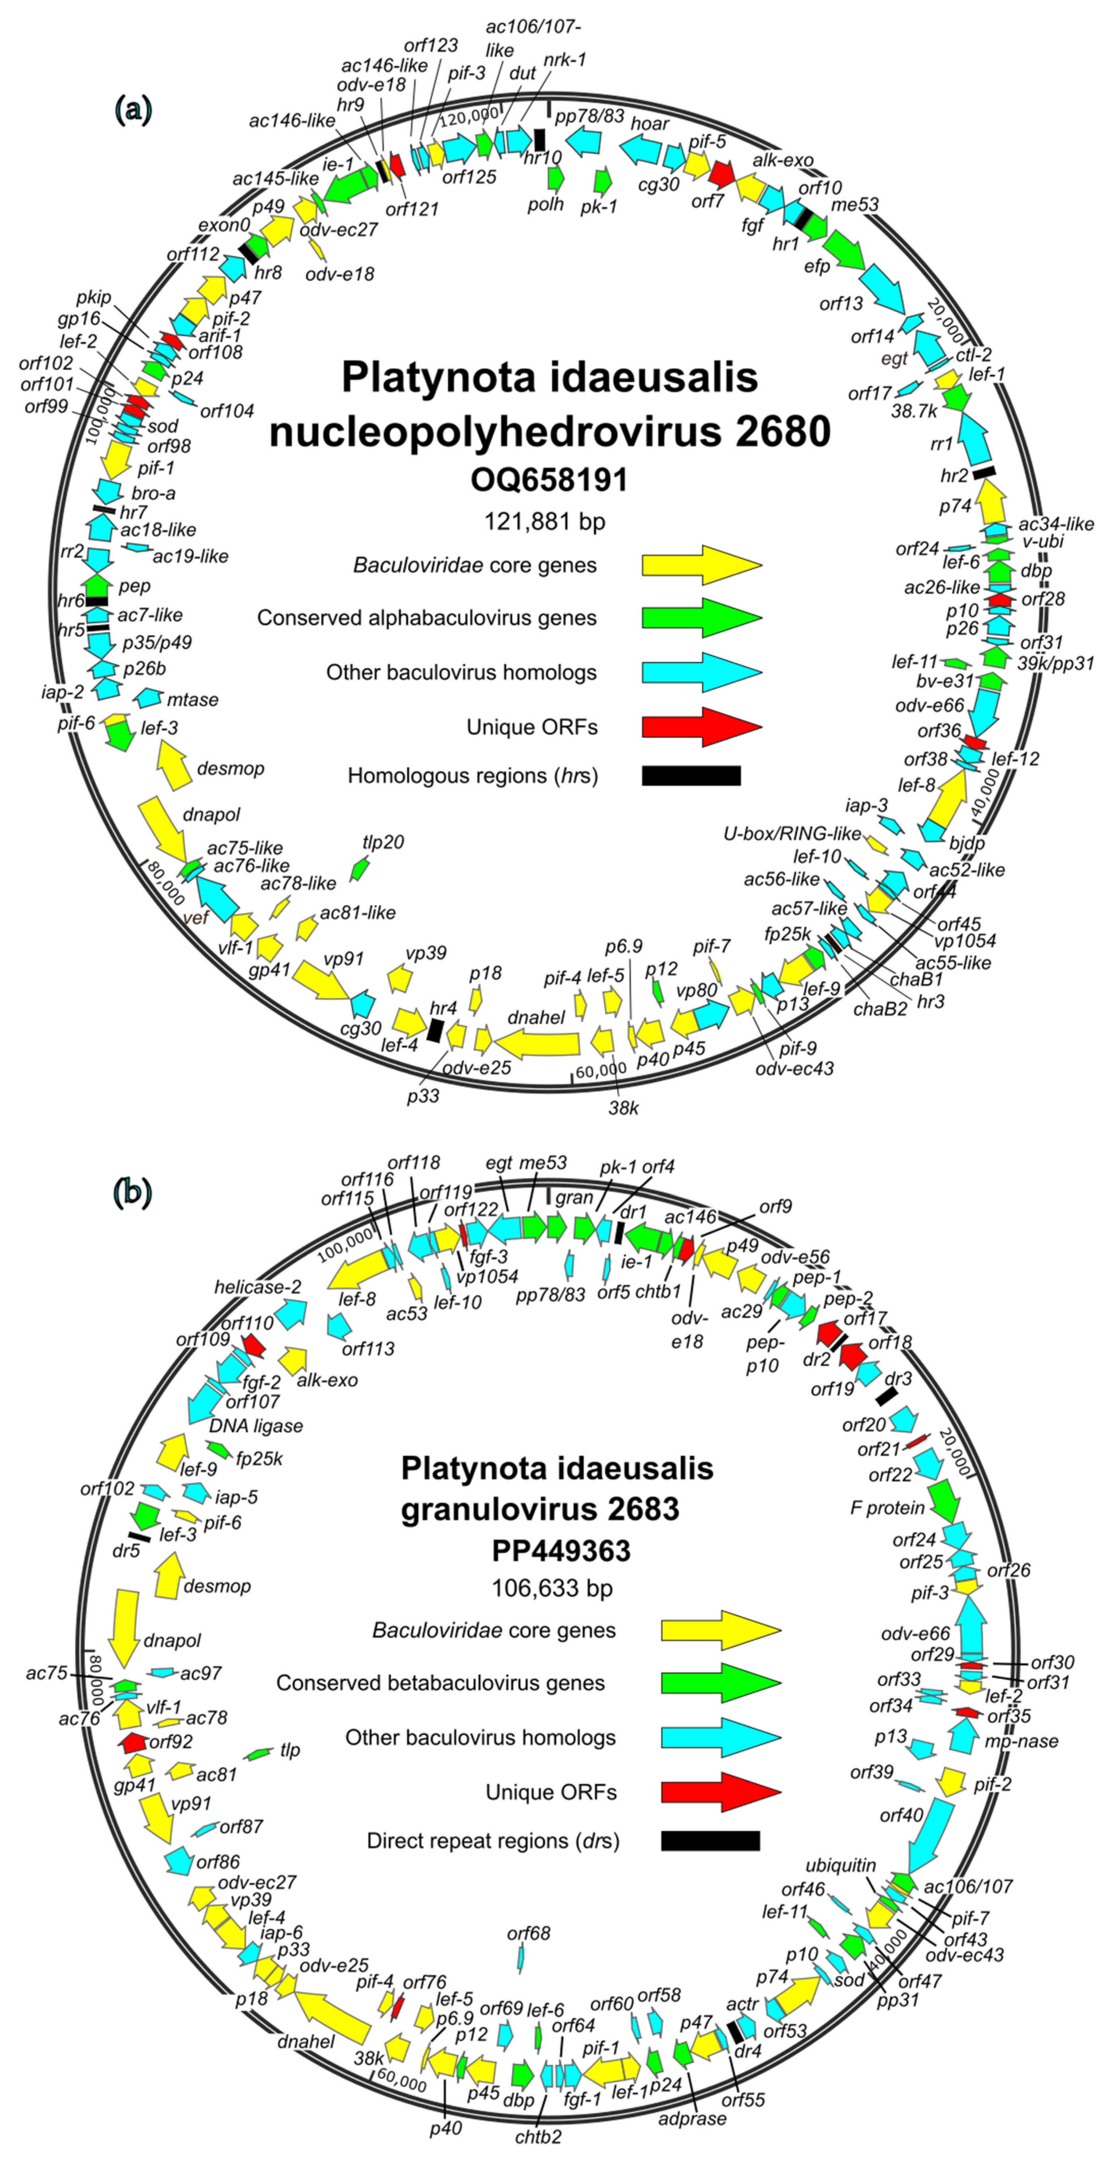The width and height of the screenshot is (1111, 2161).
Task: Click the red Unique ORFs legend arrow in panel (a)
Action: pos(702,726)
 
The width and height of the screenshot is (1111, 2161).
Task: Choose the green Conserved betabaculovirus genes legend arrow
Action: pos(720,1683)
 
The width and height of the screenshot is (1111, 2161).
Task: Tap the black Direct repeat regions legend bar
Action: pos(710,1840)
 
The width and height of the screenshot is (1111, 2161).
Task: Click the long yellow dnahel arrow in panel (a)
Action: pos(537,1044)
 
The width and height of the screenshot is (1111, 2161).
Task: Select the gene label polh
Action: pos(545,204)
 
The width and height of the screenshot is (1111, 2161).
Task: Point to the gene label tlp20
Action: pos(383,842)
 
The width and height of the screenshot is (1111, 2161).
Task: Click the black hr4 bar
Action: pos(435,1030)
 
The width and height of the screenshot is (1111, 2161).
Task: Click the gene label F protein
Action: pos(887,1507)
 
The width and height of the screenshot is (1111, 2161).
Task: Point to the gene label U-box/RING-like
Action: pos(792,833)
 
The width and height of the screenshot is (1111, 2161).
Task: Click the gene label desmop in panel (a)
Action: pos(231,768)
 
